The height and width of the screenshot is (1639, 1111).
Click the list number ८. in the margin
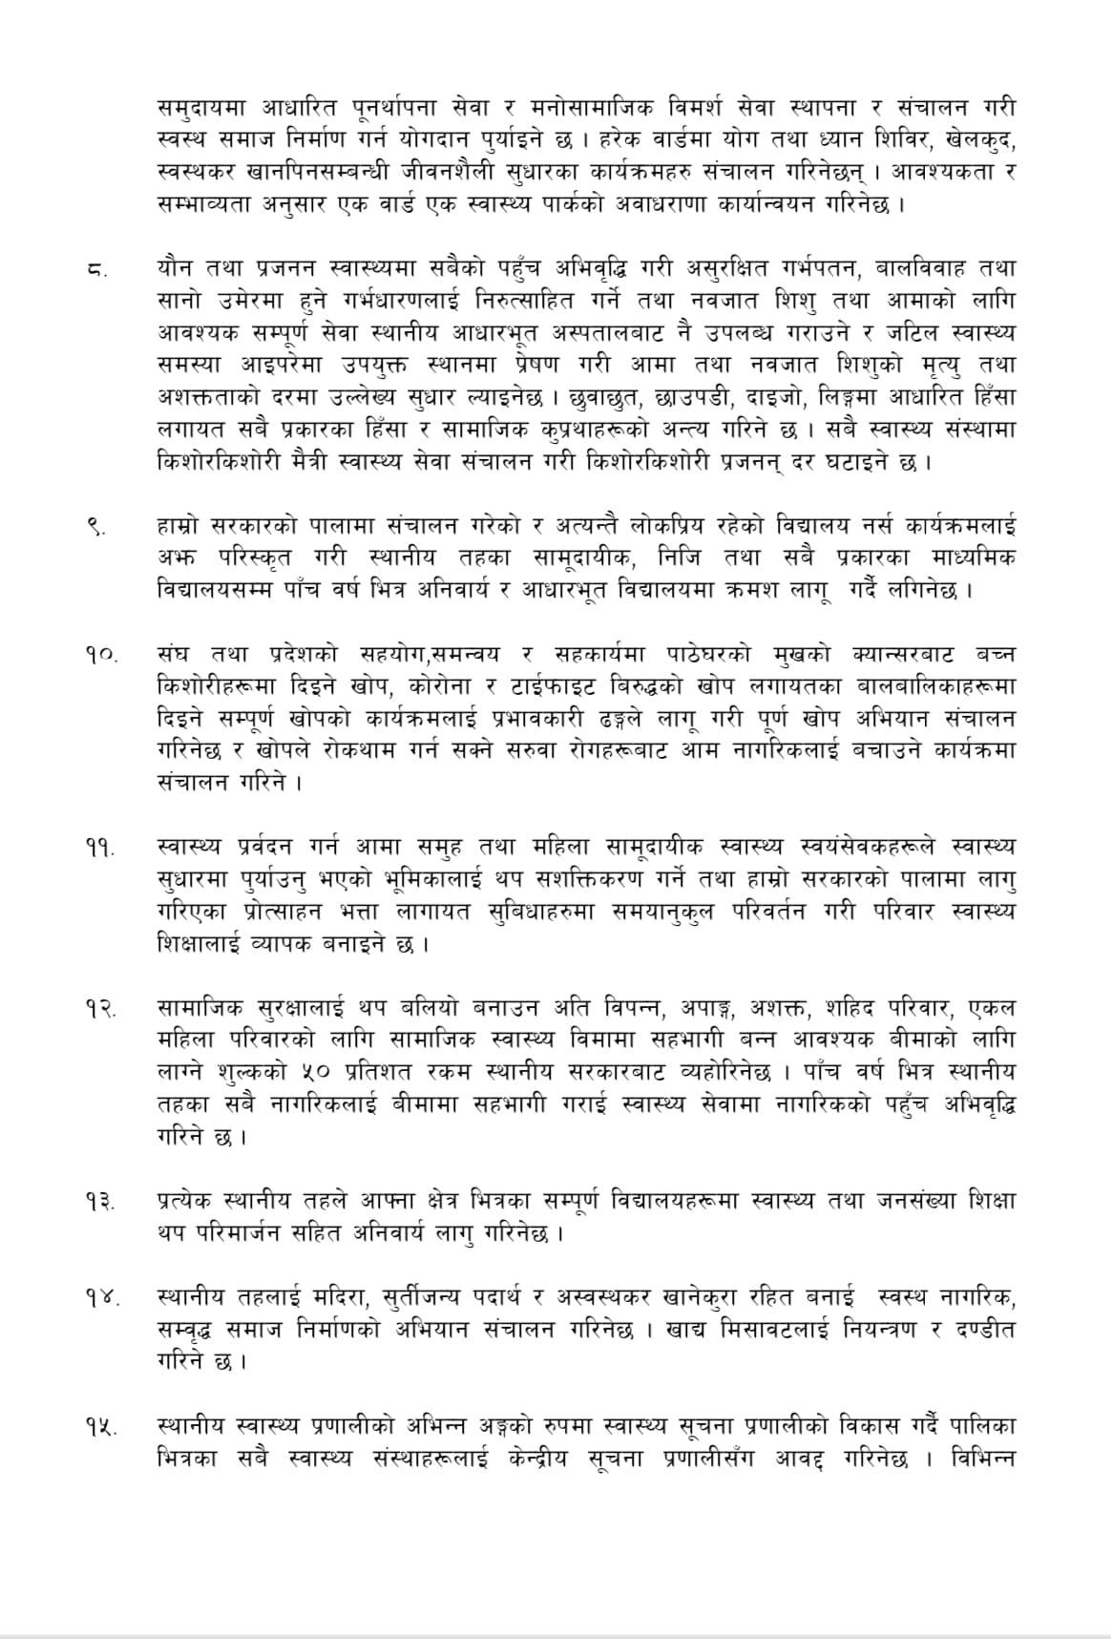click(x=96, y=270)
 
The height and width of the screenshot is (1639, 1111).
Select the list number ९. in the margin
click(x=97, y=526)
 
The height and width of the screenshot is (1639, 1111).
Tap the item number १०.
click(x=99, y=655)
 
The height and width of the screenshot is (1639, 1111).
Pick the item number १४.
click(x=99, y=1298)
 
